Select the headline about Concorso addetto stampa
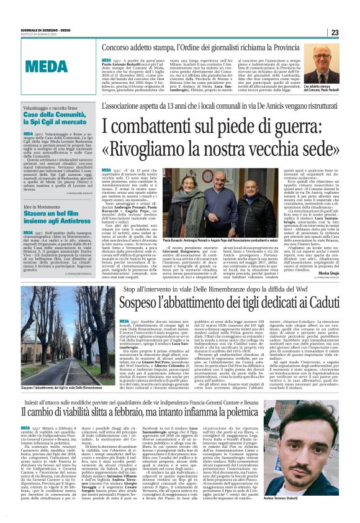coord(205,47)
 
